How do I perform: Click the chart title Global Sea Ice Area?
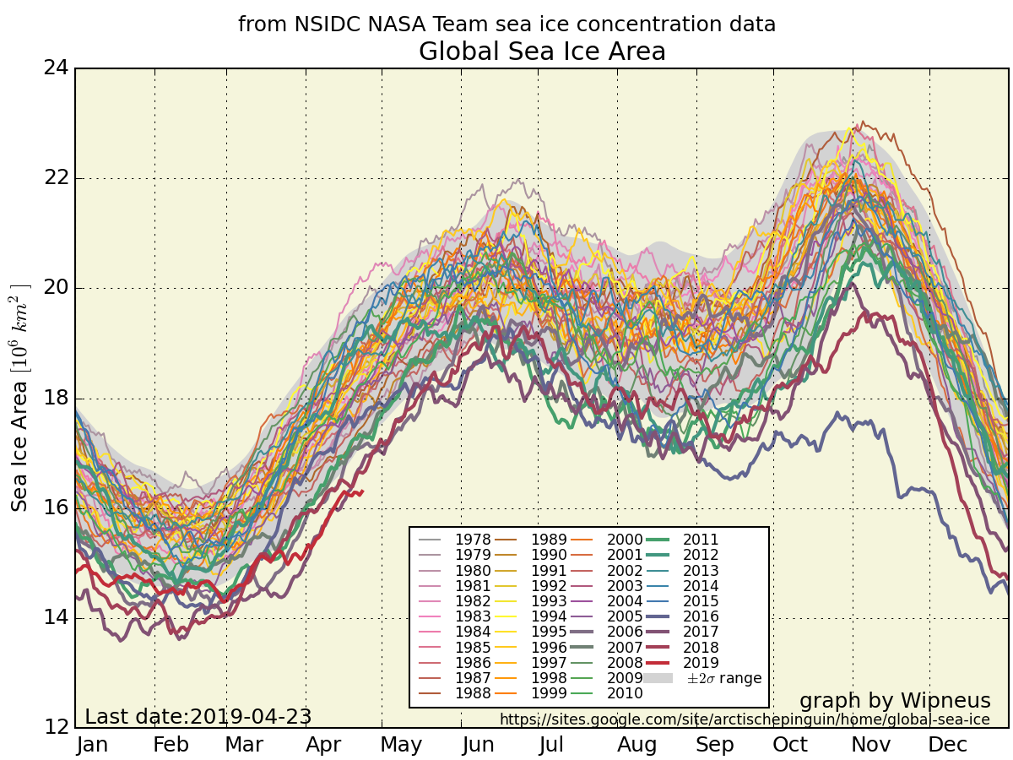542,52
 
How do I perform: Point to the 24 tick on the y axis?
56,68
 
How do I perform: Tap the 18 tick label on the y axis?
56,398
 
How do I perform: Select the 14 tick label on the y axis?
56,617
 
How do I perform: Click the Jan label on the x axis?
92,745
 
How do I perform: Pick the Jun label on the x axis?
479,745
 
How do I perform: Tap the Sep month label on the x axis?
714,745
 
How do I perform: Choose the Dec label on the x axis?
947,745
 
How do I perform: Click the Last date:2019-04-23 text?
198,717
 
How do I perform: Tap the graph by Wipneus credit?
895,701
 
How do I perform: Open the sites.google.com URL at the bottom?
745,719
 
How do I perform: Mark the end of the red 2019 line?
362,491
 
